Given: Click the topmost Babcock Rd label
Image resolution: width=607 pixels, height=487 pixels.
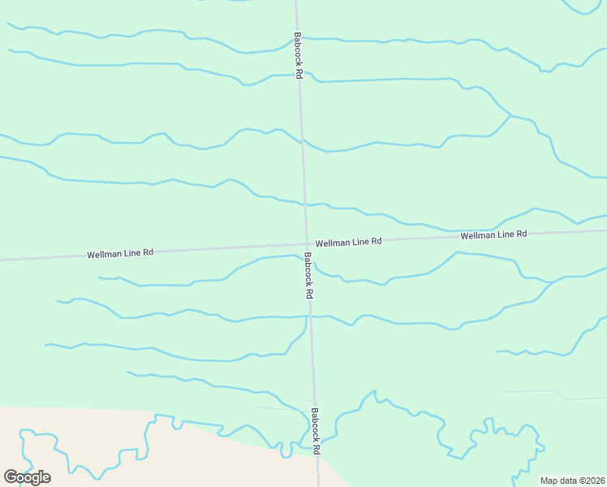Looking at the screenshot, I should [x=299, y=55].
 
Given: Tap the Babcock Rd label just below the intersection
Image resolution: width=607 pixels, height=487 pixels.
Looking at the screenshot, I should [x=309, y=274].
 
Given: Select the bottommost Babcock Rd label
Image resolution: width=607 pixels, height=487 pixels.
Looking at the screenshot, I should [x=316, y=430].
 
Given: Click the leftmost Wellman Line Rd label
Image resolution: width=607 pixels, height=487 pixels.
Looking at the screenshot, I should [x=120, y=254].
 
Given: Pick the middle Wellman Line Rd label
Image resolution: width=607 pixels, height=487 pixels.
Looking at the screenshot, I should [x=348, y=243].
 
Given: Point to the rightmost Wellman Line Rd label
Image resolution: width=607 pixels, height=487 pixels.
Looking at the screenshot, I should [x=493, y=235].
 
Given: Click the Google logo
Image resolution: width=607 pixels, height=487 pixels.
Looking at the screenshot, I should [x=27, y=476].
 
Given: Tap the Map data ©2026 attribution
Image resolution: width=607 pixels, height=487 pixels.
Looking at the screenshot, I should [x=572, y=481].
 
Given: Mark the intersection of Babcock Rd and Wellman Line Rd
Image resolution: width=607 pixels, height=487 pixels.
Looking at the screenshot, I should [x=306, y=243].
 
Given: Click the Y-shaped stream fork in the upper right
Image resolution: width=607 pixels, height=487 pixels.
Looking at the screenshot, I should [x=510, y=115].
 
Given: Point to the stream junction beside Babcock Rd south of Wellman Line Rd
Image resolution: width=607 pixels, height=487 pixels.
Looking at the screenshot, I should [x=307, y=317].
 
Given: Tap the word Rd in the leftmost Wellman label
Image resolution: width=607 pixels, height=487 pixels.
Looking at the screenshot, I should [x=148, y=253].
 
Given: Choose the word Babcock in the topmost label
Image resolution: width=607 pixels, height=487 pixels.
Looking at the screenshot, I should [x=298, y=49].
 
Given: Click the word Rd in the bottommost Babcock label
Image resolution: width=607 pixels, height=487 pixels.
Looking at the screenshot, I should [x=317, y=447].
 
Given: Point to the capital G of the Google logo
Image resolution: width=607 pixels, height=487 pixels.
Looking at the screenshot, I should [x=11, y=476].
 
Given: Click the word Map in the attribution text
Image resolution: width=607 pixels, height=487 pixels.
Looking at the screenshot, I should [x=549, y=481].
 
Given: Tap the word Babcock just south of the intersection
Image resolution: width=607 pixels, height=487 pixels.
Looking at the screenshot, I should [x=308, y=269].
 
